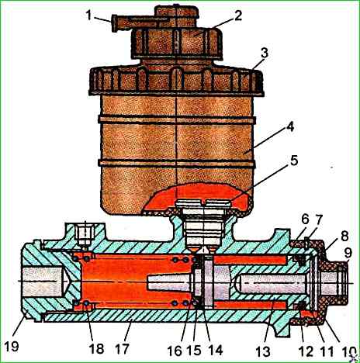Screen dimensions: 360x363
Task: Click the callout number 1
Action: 89,16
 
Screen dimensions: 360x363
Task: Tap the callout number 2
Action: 237,16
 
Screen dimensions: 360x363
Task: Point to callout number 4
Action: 290,127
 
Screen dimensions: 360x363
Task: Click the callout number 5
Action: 294,161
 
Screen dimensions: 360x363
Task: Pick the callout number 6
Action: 305,220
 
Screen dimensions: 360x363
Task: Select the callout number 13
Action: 263,351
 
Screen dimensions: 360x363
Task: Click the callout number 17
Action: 122,348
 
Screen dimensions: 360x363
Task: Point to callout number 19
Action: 12,346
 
